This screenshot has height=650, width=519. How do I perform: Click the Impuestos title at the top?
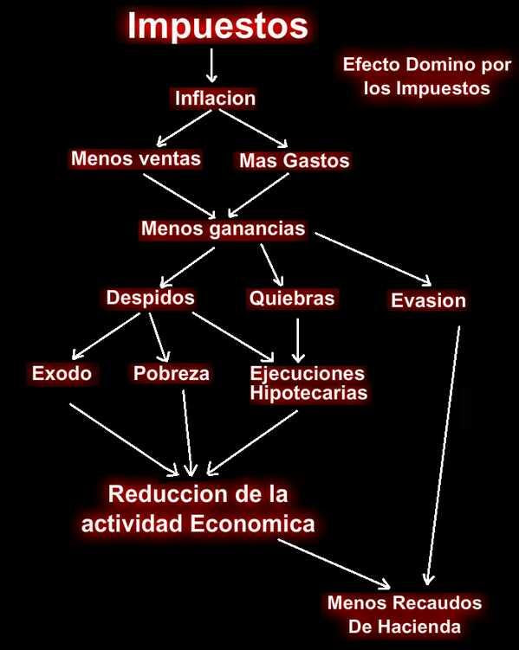pyautogui.click(x=217, y=27)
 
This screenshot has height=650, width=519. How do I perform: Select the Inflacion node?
pyautogui.click(x=215, y=99)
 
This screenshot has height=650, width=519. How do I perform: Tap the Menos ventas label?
pyautogui.click(x=136, y=158)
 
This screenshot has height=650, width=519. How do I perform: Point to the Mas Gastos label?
pyautogui.click(x=294, y=160)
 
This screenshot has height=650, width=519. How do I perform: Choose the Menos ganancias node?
pyautogui.click(x=224, y=228)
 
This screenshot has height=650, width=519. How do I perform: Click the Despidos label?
pyautogui.click(x=150, y=298)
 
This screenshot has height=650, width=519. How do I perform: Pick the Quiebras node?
pyautogui.click(x=292, y=298)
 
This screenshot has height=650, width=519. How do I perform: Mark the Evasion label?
pyautogui.click(x=428, y=300)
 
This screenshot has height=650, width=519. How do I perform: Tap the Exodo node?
pyautogui.click(x=62, y=373)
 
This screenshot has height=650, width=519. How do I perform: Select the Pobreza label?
pyautogui.click(x=172, y=373)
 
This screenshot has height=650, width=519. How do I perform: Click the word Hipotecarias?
pyautogui.click(x=308, y=393)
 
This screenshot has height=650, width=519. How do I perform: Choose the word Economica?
pyautogui.click(x=253, y=524)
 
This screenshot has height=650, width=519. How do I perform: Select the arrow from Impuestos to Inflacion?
pyautogui.click(x=211, y=66)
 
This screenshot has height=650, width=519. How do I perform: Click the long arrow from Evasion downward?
pyautogui.click(x=443, y=455)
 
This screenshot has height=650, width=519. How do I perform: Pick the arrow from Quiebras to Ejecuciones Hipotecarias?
pyautogui.click(x=298, y=341)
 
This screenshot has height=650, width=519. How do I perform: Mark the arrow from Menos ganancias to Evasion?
pyautogui.click(x=373, y=259)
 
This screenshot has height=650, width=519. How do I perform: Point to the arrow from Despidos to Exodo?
pyautogui.click(x=106, y=336)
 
